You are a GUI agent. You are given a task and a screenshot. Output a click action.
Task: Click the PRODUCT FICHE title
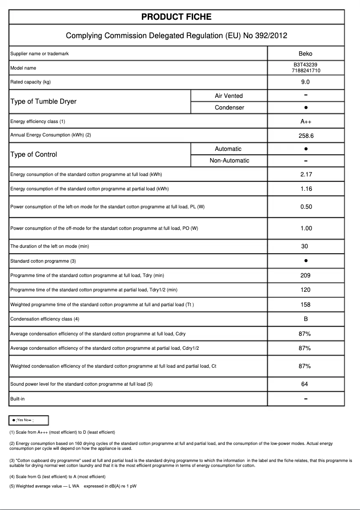point(176,17)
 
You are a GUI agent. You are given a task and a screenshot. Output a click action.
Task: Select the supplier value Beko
point(305,54)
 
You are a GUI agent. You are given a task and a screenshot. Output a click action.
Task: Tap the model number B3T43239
point(305,65)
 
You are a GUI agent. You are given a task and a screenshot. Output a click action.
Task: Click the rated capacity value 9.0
point(305,82)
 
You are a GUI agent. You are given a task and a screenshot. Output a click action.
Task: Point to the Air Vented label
point(228,96)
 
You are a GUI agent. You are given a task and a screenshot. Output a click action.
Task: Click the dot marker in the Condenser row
point(305,108)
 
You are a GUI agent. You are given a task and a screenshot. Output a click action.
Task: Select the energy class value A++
point(305,122)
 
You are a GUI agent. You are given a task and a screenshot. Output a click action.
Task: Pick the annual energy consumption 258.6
point(305,135)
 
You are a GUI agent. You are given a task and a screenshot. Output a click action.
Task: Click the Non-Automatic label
point(229,161)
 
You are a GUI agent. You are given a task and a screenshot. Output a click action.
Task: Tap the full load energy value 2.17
point(306,175)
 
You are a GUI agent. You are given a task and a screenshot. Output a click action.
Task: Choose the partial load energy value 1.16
point(306,189)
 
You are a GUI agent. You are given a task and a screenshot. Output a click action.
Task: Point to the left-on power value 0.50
point(306,207)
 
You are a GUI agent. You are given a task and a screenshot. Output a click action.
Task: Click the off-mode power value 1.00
point(306,229)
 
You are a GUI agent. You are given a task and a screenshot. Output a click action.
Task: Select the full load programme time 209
point(305,276)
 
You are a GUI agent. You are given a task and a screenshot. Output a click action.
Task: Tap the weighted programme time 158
point(305,305)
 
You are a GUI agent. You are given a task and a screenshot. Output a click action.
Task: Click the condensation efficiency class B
point(305,319)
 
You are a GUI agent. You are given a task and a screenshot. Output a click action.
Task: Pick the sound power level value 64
point(305,384)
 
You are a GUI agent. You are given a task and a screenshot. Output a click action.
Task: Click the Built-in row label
point(18,399)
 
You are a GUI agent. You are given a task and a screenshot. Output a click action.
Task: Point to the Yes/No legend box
point(29,420)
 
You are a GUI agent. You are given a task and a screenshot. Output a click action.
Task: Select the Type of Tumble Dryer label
point(43,101)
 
